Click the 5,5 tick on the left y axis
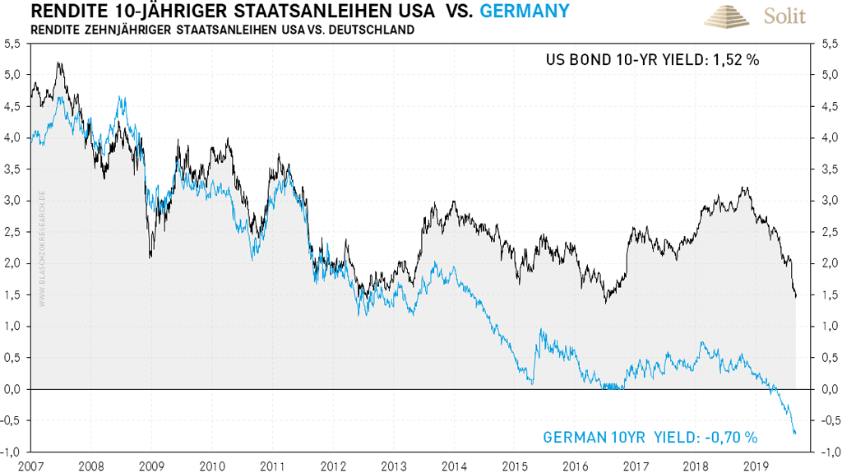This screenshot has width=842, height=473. click(x=14, y=45)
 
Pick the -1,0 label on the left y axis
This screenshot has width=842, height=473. click(x=12, y=452)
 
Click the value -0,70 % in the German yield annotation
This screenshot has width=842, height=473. click(x=729, y=438)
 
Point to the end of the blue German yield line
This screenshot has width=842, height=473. click(x=795, y=433)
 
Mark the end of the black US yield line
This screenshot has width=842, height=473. click(x=795, y=297)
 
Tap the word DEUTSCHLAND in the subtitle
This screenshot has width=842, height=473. click(x=366, y=30)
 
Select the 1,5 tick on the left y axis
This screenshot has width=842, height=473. click(x=14, y=294)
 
